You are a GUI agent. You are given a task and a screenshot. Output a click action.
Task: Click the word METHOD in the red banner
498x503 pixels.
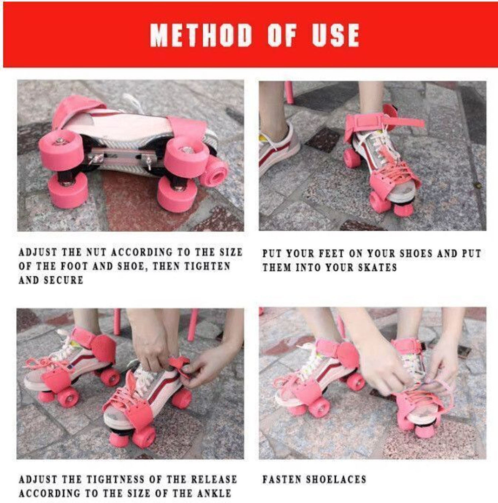(201, 35)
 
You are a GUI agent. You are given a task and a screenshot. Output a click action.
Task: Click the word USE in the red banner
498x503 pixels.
(335, 35)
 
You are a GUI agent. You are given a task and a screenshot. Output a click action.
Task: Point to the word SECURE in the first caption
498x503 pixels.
(64, 280)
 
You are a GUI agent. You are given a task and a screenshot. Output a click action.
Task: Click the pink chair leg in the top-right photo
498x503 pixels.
(289, 92)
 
